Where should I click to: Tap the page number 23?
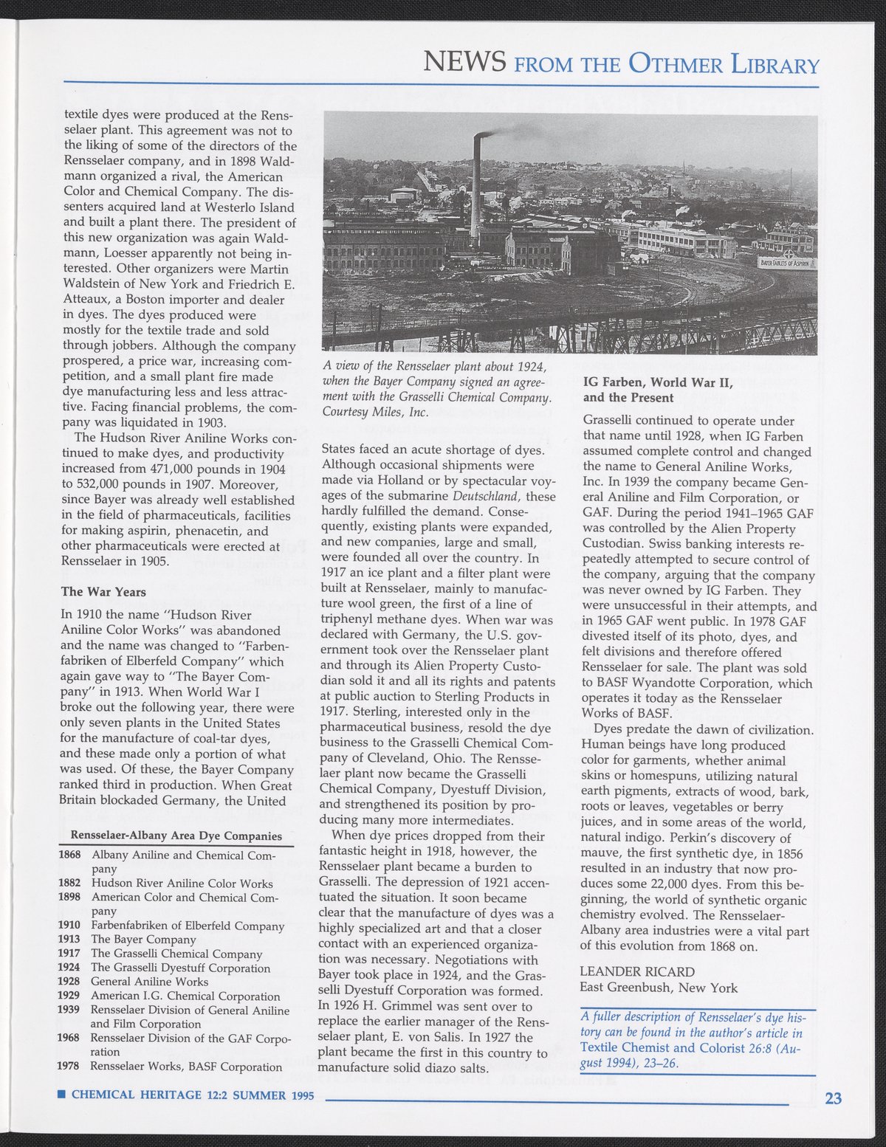pyautogui.click(x=833, y=1098)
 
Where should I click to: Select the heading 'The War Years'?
pyautogui.click(x=103, y=592)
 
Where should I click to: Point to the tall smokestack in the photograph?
pyautogui.click(x=476, y=185)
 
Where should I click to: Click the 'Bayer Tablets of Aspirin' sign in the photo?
pyautogui.click(x=786, y=263)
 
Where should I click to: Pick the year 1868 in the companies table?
pyautogui.click(x=69, y=855)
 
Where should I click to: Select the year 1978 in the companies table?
pyautogui.click(x=69, y=1067)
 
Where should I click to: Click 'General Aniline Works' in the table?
pyautogui.click(x=149, y=982)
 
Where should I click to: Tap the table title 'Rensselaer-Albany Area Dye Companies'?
pyautogui.click(x=176, y=836)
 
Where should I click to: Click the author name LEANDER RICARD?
pyautogui.click(x=637, y=971)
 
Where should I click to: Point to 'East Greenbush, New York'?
pyautogui.click(x=659, y=988)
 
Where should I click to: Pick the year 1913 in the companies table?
pyautogui.click(x=69, y=940)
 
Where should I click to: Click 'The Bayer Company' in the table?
pyautogui.click(x=143, y=940)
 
